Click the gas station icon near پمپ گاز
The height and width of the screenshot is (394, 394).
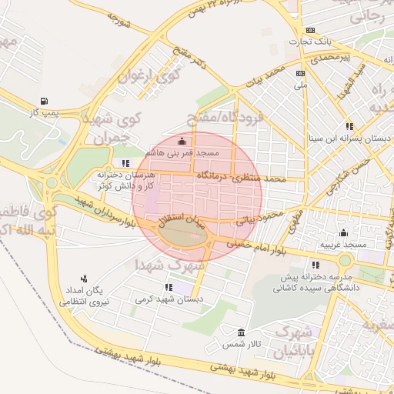tap(42, 101)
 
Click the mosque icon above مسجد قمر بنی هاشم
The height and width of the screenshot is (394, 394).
tap(182, 141)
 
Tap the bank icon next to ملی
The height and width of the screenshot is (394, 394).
tap(300, 73)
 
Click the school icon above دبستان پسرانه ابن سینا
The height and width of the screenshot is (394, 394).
tap(349, 126)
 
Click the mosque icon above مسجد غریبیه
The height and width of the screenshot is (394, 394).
tap(343, 232)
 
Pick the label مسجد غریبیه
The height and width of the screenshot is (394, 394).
tap(344, 244)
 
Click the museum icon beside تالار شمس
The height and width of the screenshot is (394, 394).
tap(242, 333)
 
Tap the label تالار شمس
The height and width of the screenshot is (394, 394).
tap(239, 346)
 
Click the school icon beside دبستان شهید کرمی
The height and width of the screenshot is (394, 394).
tap(169, 287)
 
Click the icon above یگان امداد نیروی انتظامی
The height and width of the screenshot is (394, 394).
tap(84, 279)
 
